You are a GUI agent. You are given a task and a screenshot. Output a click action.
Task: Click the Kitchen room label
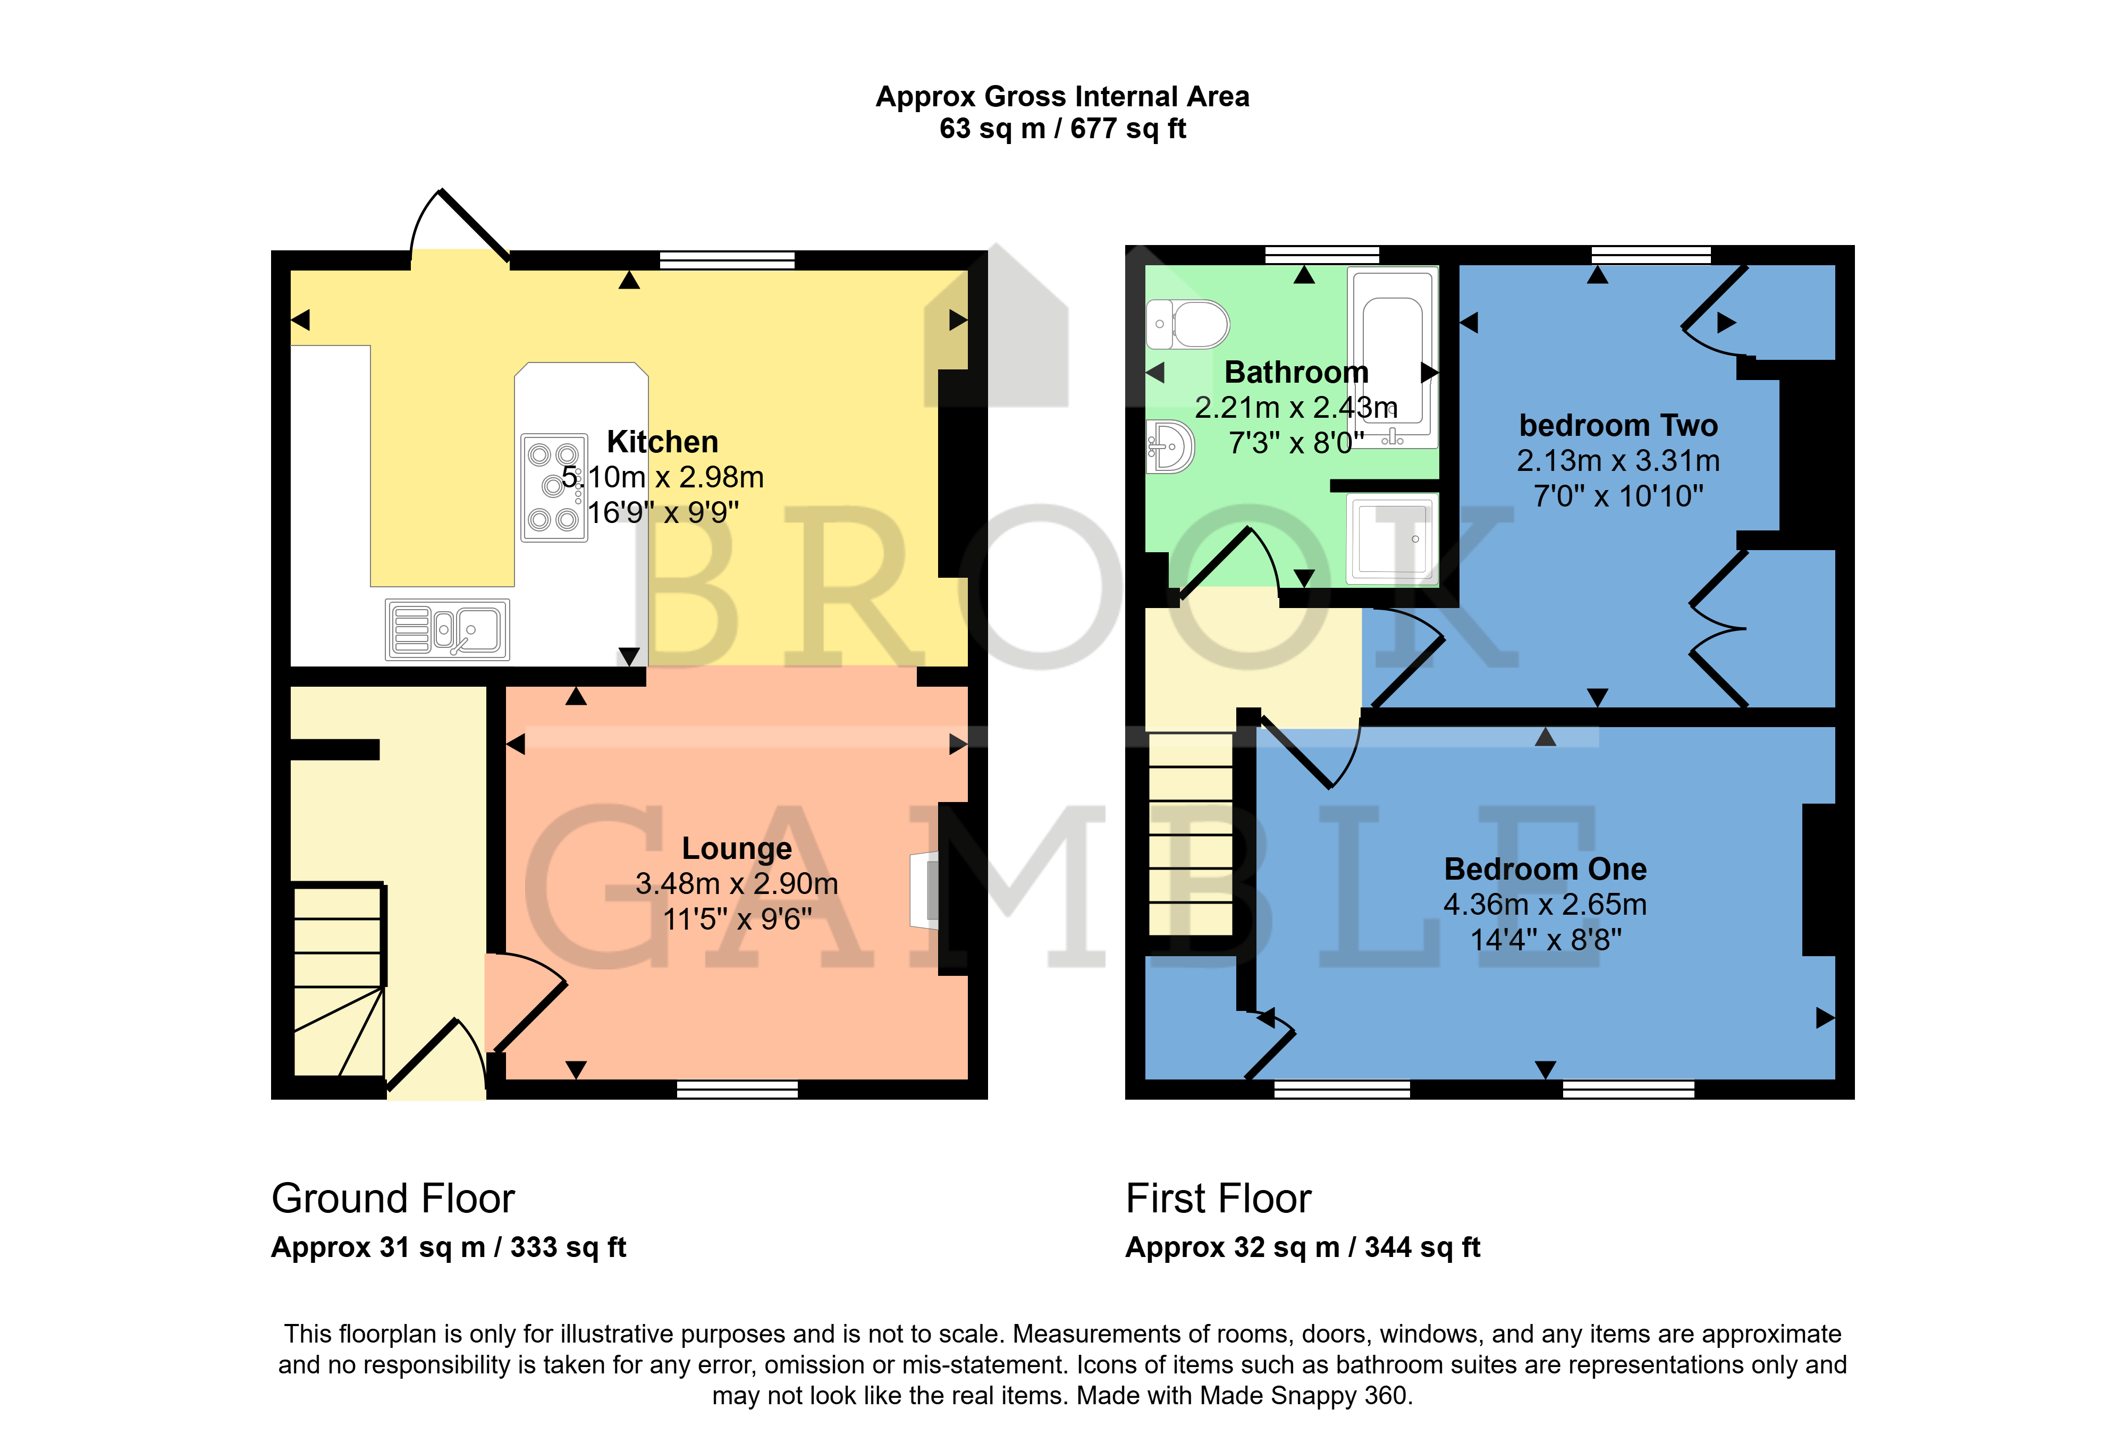click(662, 442)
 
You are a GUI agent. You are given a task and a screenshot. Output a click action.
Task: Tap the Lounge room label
click(737, 848)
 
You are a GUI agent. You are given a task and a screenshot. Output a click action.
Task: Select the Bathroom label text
click(1296, 373)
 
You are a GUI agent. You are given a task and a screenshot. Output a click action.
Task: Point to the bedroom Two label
click(1618, 425)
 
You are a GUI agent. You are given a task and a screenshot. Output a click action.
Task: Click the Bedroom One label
click(1545, 868)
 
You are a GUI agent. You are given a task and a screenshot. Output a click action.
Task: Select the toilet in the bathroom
click(1187, 324)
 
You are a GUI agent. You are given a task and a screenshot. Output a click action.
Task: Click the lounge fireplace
click(925, 890)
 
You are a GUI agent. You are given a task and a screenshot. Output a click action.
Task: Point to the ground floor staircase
click(339, 979)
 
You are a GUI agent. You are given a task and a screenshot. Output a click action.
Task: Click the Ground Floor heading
click(393, 1199)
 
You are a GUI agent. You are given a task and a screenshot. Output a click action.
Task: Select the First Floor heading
click(1219, 1199)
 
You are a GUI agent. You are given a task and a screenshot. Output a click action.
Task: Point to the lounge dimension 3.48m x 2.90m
click(737, 884)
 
